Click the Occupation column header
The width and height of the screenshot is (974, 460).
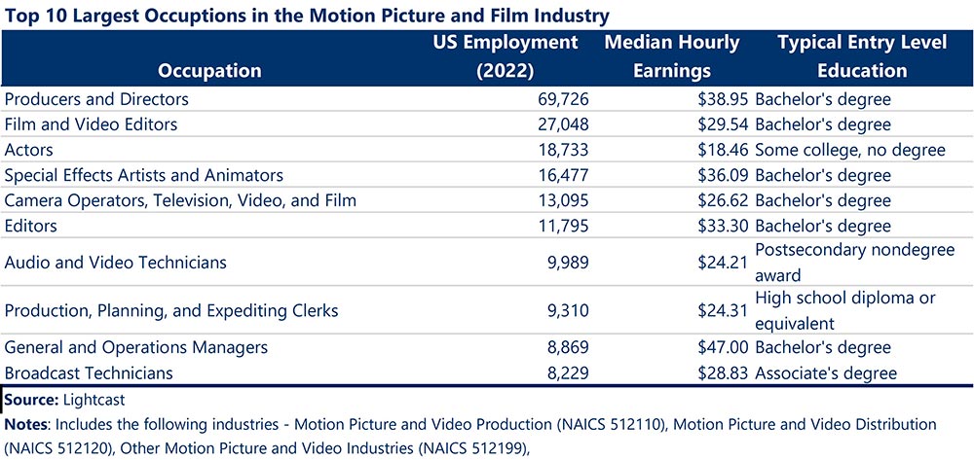210,70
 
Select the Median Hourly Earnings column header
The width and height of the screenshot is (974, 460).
671,56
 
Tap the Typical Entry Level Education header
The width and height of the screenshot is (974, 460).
843,56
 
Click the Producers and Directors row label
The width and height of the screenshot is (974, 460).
96,99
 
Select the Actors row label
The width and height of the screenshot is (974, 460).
29,150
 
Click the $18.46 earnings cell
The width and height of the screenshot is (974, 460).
723,150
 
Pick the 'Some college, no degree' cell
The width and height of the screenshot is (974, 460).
850,150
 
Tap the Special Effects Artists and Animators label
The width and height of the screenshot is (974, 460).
144,175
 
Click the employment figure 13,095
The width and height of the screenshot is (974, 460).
558,200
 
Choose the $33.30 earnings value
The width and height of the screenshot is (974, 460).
723,226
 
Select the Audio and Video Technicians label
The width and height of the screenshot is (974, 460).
116,263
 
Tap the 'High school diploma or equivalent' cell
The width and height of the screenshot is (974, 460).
844,311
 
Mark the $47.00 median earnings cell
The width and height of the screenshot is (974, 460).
723,347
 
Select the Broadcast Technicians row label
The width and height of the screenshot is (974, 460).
89,372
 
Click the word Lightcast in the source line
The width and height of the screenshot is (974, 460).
95,400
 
